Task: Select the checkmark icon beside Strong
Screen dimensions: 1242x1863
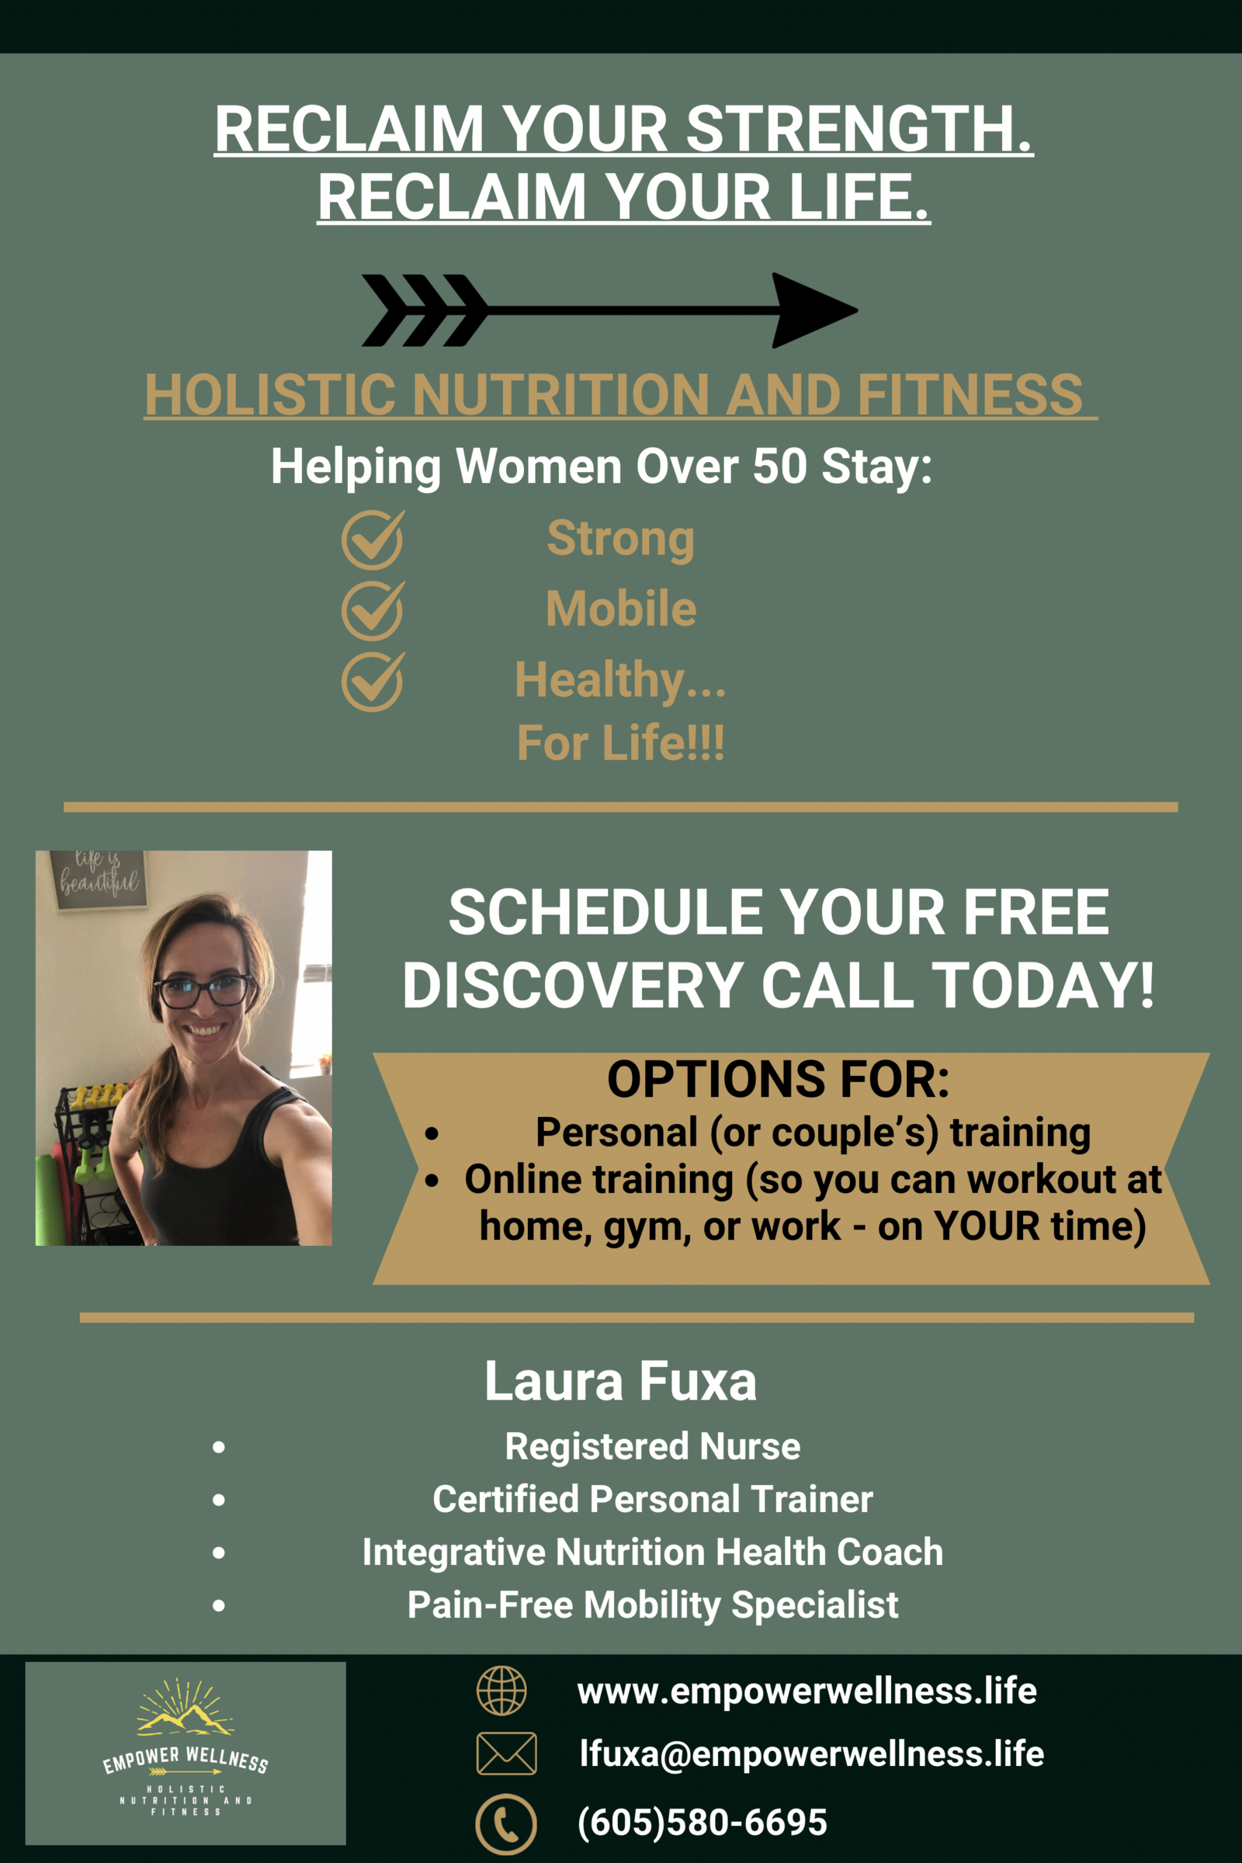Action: [x=373, y=539]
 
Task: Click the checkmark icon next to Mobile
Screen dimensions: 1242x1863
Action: [x=373, y=610]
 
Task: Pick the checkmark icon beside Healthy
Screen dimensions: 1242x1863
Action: [x=373, y=682]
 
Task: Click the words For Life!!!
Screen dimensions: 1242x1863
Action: [x=621, y=743]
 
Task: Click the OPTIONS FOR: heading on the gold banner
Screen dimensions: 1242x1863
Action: [x=779, y=1079]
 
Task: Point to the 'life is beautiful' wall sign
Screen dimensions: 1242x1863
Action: [x=99, y=879]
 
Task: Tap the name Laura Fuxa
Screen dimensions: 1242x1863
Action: [x=621, y=1381]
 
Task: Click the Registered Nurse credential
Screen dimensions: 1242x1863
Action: [x=653, y=1446]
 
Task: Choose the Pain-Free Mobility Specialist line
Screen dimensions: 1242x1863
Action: [x=653, y=1605]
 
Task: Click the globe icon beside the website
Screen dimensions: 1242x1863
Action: [x=501, y=1691]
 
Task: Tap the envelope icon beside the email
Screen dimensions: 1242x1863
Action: [x=506, y=1753]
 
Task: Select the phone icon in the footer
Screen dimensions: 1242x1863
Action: [x=506, y=1824]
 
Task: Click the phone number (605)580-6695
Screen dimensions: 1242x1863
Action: [x=703, y=1822]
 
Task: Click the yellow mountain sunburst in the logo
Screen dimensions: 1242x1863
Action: [x=185, y=1709]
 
